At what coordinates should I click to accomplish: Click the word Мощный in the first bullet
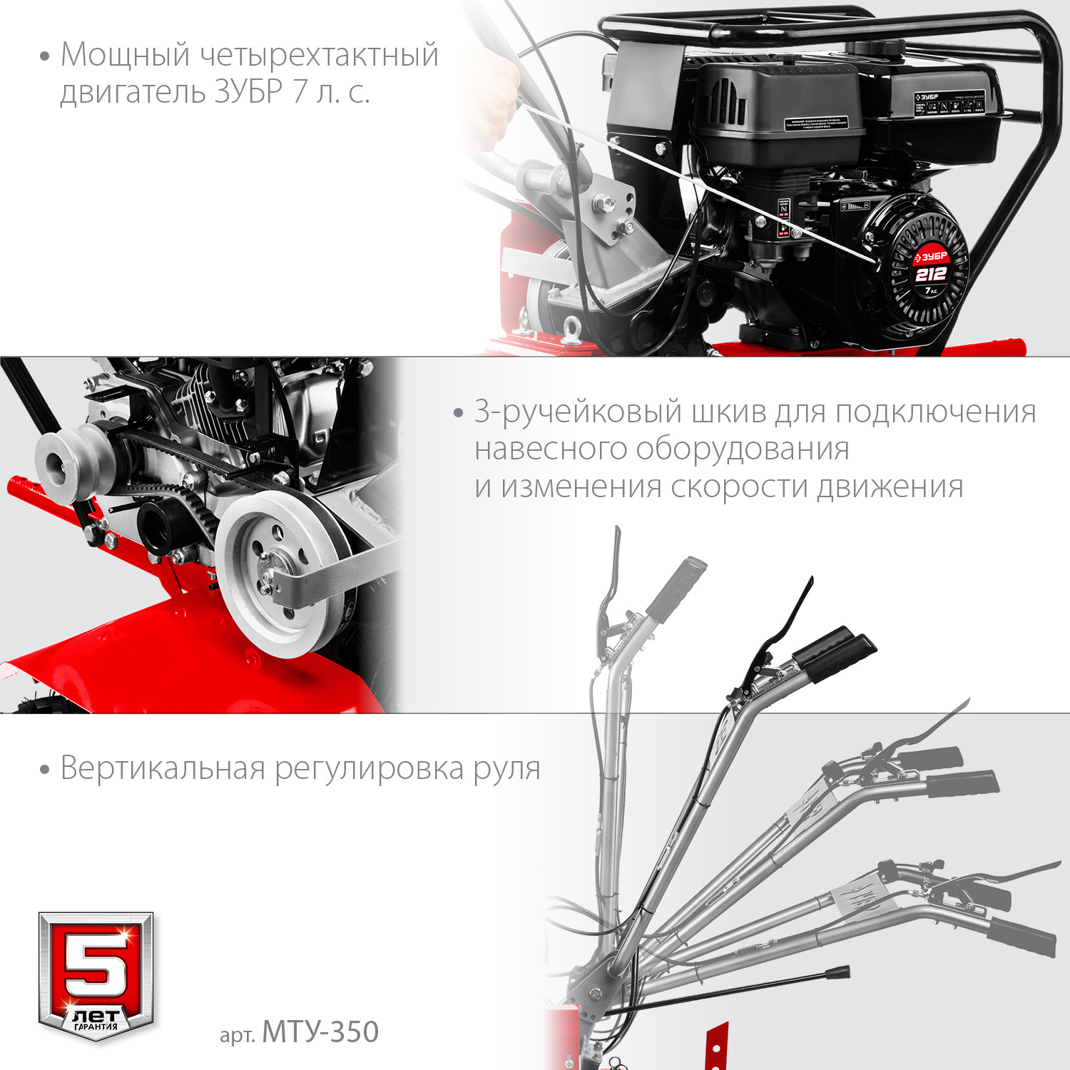click(x=125, y=56)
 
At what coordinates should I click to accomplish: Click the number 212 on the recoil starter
click(x=931, y=274)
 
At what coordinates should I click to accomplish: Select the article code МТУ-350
click(x=320, y=1032)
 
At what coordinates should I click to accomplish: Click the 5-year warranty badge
click(x=96, y=974)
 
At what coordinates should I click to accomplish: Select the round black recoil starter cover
click(x=917, y=267)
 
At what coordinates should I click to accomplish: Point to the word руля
click(x=507, y=768)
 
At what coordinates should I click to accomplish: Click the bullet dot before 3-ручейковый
click(x=459, y=414)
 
